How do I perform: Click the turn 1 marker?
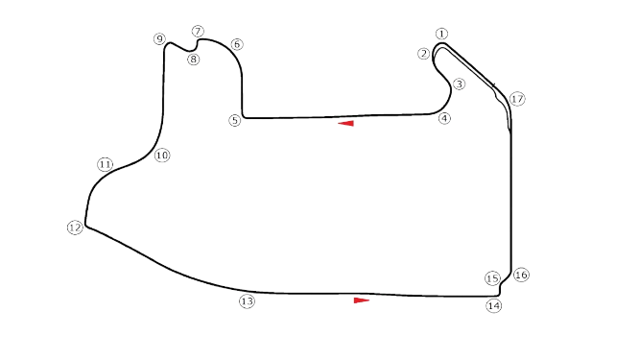click(441, 35)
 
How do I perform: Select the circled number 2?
click(424, 54)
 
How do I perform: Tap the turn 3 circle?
click(460, 84)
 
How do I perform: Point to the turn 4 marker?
click(443, 118)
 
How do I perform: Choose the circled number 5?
click(234, 119)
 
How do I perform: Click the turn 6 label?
click(237, 44)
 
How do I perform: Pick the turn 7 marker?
click(198, 32)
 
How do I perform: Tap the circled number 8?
click(194, 60)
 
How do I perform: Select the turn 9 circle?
click(159, 38)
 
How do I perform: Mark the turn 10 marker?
click(161, 155)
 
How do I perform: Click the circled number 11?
click(105, 164)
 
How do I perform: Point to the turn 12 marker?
click(75, 228)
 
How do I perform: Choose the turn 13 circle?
click(248, 301)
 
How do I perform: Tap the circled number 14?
click(494, 305)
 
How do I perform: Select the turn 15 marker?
click(492, 278)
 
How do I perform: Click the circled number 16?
click(521, 276)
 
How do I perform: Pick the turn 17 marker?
click(517, 99)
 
